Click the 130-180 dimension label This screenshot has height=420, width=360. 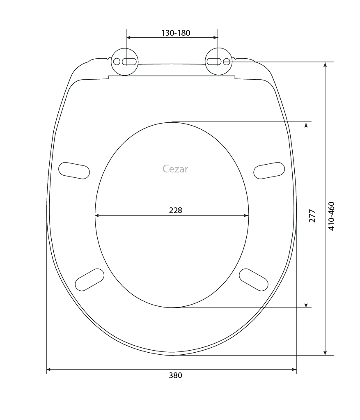click(175, 33)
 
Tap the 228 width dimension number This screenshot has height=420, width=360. click(175, 210)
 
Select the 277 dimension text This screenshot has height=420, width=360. click(312, 216)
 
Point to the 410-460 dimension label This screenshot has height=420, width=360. click(331, 216)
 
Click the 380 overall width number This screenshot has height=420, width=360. click(175, 375)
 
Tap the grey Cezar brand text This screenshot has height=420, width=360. click(175, 169)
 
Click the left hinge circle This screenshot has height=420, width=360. click(125, 62)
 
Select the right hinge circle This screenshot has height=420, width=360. click(219, 62)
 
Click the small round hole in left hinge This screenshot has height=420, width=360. click(117, 62)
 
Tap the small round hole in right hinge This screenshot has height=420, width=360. click(227, 62)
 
